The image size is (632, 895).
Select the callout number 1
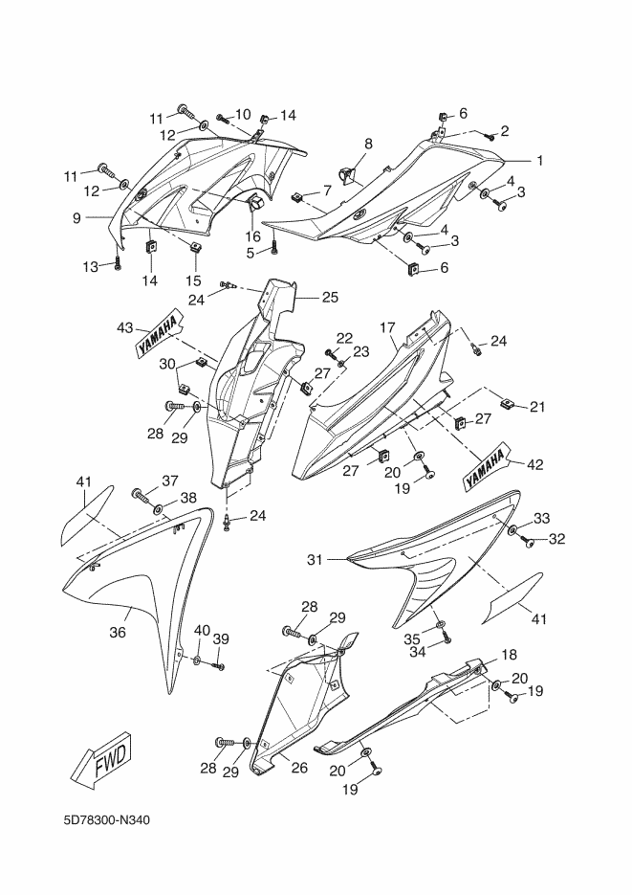click(540, 161)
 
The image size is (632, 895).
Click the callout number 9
click(76, 217)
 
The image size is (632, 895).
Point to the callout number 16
click(252, 235)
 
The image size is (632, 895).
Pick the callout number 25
click(330, 297)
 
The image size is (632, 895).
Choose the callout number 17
click(387, 327)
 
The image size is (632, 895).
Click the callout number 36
click(118, 633)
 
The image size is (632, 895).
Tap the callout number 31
click(315, 560)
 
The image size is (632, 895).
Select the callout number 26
click(300, 768)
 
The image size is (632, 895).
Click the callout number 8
click(368, 144)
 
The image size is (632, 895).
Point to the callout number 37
click(170, 481)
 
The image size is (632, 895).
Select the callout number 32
click(556, 538)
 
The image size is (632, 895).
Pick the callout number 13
click(91, 266)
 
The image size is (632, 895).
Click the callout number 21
click(536, 407)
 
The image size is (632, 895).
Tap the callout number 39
click(222, 638)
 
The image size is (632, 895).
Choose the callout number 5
click(251, 252)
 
